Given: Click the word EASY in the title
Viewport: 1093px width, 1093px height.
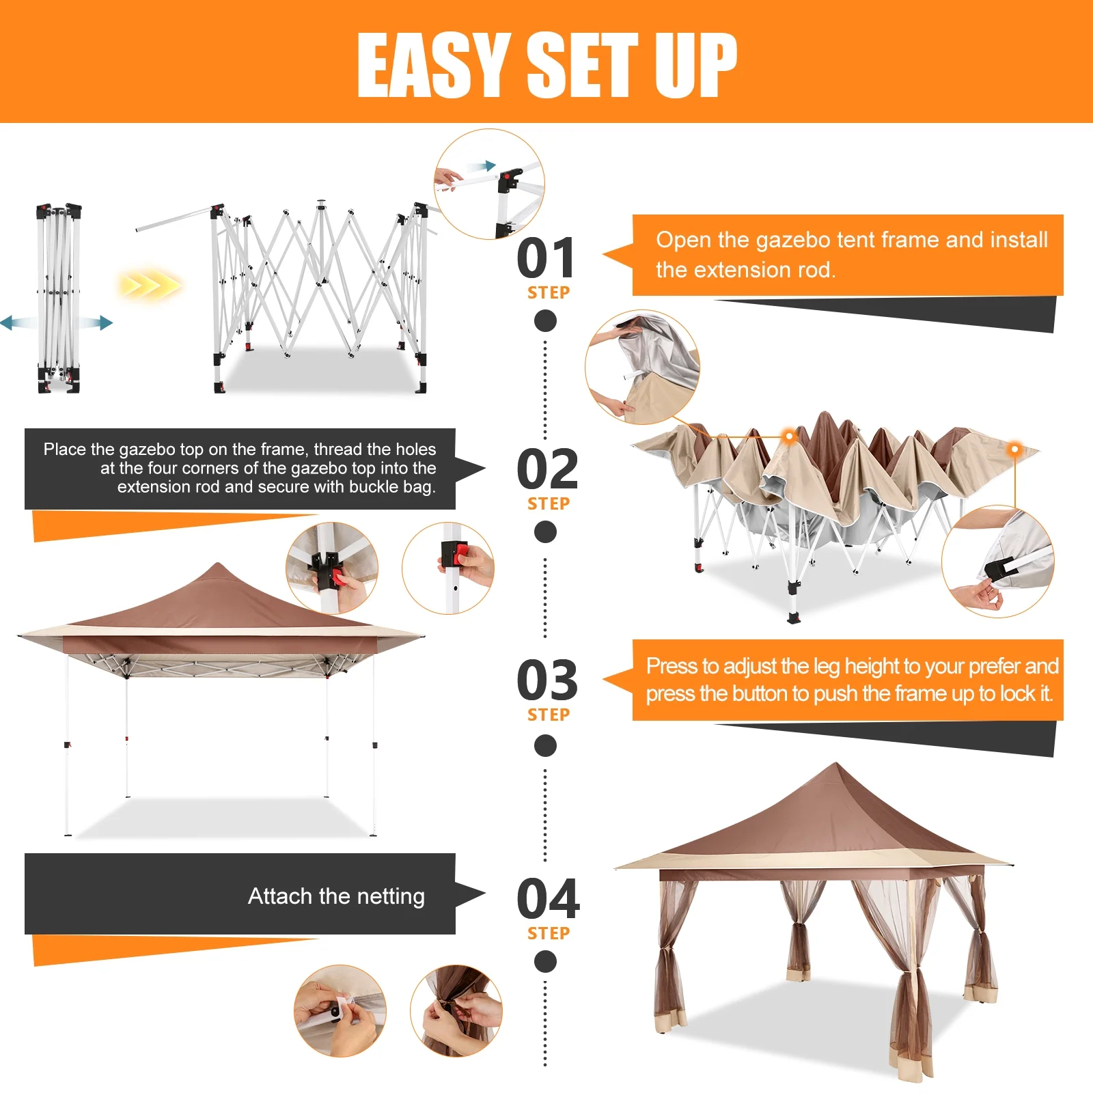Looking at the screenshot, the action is (434, 65).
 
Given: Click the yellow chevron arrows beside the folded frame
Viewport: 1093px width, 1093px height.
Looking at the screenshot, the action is (150, 284).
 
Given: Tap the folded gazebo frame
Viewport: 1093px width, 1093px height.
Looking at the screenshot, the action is (59, 298).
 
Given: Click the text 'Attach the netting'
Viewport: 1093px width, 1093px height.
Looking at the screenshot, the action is (336, 896).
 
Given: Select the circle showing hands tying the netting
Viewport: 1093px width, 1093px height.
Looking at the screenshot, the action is (456, 1011).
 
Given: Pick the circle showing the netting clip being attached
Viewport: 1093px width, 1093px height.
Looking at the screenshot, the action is (340, 1011).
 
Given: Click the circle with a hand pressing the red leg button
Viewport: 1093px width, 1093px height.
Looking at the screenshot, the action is (448, 568).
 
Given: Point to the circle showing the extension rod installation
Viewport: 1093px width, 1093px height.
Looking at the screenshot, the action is (489, 184).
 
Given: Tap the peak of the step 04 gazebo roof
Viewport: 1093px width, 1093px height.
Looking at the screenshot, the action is (835, 763).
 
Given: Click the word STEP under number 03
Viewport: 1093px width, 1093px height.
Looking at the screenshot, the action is (549, 715).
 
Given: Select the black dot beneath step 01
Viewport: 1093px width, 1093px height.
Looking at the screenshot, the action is (545, 320).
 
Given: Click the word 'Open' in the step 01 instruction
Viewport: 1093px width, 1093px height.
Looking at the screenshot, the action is (684, 240).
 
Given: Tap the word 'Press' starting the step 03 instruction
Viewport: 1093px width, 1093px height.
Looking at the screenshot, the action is (672, 666).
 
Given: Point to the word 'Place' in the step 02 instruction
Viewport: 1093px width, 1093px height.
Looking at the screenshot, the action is (65, 449).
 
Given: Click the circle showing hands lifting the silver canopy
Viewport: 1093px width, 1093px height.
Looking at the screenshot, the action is (642, 368).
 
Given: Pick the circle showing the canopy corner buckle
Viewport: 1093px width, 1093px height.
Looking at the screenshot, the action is (998, 562).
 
